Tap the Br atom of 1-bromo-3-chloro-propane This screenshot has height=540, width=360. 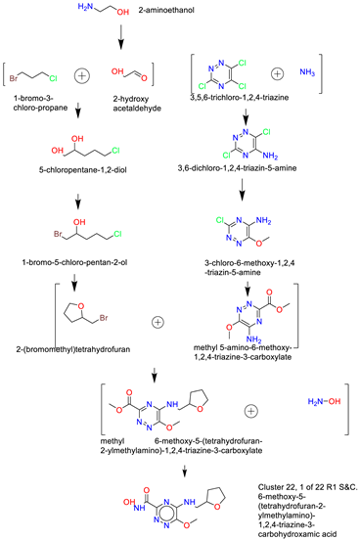[15, 72]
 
